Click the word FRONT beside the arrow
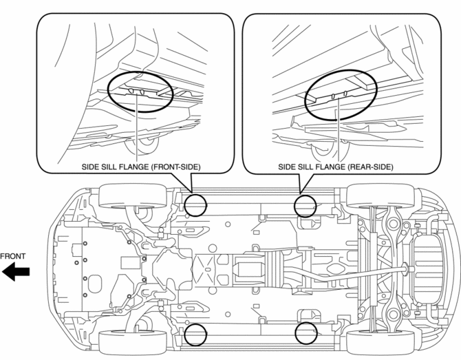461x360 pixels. (x=13, y=257)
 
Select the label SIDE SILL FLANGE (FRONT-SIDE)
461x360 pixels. (x=136, y=167)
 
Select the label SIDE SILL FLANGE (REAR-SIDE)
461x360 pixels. (x=336, y=167)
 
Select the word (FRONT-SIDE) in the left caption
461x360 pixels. (x=168, y=167)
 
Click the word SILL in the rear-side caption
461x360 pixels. (x=308, y=167)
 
